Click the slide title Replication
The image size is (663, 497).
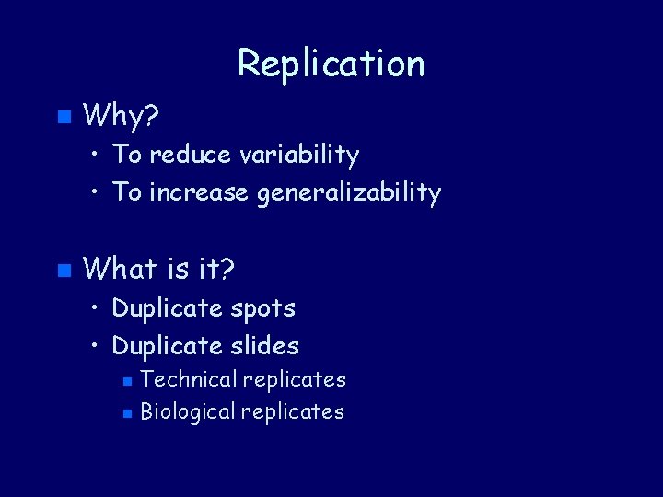point(331,64)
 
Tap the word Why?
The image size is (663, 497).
point(121,116)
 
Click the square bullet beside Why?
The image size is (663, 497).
point(63,117)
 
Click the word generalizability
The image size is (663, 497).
point(349,193)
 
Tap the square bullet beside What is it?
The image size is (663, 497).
point(63,271)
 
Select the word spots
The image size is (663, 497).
point(264,308)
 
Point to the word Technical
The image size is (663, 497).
point(188,379)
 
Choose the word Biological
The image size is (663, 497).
point(188,411)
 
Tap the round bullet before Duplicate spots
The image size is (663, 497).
point(97,309)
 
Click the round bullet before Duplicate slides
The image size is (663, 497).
point(97,347)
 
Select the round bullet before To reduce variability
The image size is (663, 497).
point(97,156)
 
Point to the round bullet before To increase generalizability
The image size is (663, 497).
point(97,194)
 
